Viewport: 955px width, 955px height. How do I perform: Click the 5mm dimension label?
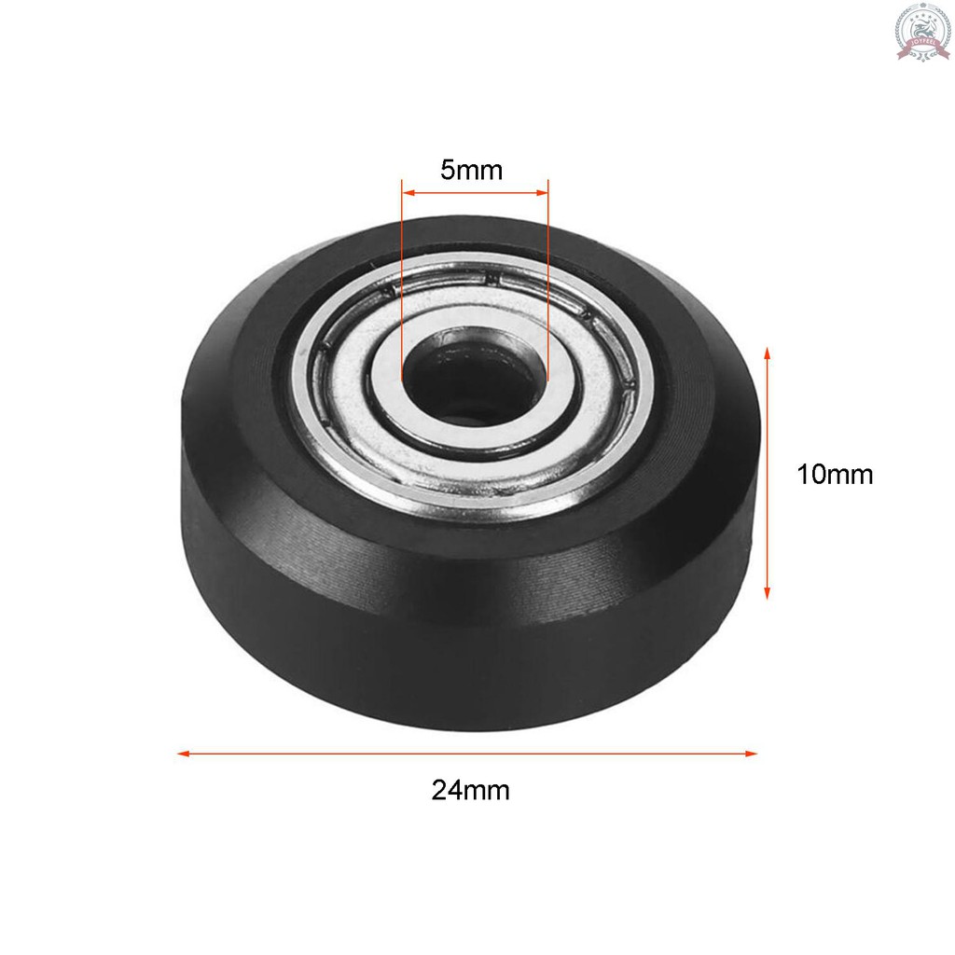[x=471, y=171]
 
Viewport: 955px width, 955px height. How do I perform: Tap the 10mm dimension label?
[x=835, y=475]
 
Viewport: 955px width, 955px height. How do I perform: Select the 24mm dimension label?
[x=471, y=791]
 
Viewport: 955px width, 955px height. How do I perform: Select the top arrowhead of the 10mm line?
[x=767, y=353]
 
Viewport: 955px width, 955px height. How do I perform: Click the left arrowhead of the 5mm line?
[x=407, y=194]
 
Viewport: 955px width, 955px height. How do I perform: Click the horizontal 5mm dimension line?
[x=474, y=194]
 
